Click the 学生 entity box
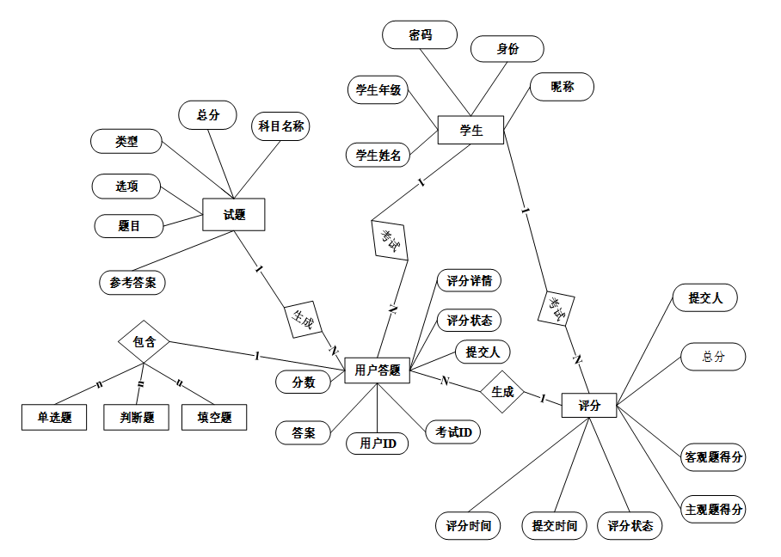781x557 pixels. [x=470, y=131]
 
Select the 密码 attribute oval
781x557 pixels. [x=420, y=35]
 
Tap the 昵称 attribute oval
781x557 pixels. [x=562, y=87]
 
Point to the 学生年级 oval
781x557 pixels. [x=378, y=90]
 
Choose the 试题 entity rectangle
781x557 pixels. [x=233, y=215]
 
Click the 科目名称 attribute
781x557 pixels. [x=280, y=126]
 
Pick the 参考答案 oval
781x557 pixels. [x=132, y=282]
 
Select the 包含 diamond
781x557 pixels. [x=144, y=341]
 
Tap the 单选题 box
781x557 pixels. [x=54, y=418]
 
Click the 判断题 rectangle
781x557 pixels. [x=136, y=418]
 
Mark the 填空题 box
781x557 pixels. [x=214, y=418]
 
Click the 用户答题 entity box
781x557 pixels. [x=378, y=370]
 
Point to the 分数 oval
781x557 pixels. [x=303, y=381]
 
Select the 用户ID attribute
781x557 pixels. [x=377, y=444]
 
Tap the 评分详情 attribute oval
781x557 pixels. [x=469, y=281]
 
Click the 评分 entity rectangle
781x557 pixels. [x=589, y=405]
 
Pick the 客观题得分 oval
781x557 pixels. [x=713, y=457]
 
